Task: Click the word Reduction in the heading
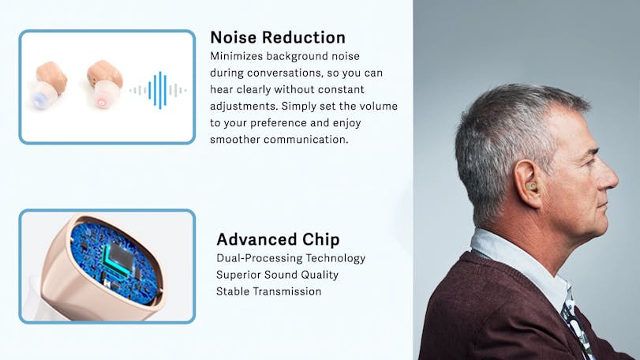tap(304, 38)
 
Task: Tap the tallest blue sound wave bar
tap(160, 90)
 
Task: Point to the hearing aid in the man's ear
tap(530, 186)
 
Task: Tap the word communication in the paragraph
tap(305, 140)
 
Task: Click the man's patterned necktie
tap(576, 327)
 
